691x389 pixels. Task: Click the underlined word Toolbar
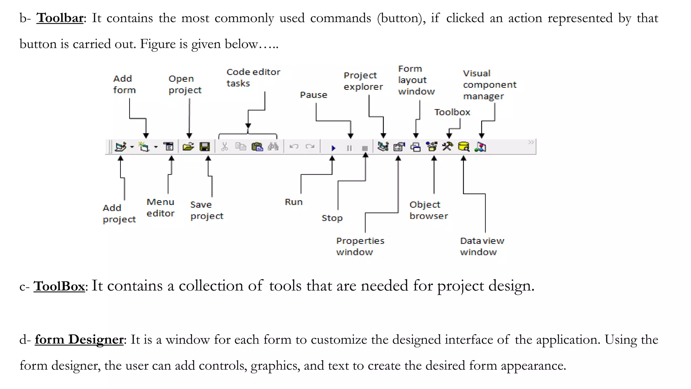click(x=60, y=18)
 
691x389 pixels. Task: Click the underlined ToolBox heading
click(x=59, y=286)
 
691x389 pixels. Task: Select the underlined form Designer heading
click(x=79, y=339)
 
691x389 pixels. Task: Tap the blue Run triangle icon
click(x=333, y=148)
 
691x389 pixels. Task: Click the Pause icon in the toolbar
click(x=349, y=148)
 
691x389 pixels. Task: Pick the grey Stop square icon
click(x=365, y=148)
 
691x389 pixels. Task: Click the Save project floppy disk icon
click(x=205, y=147)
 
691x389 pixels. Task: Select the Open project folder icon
click(x=188, y=147)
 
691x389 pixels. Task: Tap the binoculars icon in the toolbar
click(x=273, y=147)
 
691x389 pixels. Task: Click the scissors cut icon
click(x=225, y=147)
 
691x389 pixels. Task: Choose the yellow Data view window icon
click(x=464, y=147)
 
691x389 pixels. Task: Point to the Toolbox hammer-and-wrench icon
click(x=448, y=147)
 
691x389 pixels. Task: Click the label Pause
click(x=313, y=95)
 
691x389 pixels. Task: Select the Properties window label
click(x=360, y=246)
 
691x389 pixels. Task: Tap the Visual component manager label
click(x=489, y=84)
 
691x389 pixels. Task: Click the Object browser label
click(x=429, y=210)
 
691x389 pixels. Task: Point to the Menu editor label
click(x=160, y=208)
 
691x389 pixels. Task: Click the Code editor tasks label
click(x=253, y=77)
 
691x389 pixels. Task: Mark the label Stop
click(x=332, y=218)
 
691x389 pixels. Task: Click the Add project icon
click(x=120, y=147)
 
